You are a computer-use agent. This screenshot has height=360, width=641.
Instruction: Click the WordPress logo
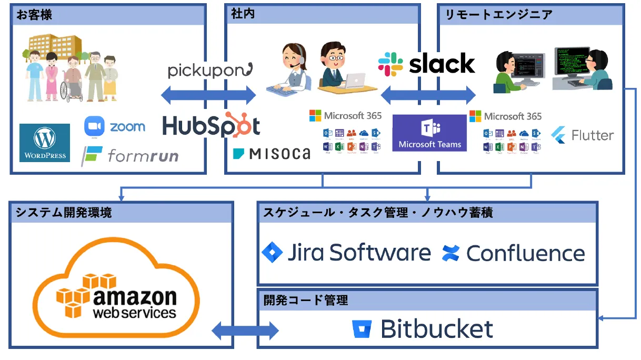point(45,142)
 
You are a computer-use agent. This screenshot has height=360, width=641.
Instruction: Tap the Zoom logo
point(115,127)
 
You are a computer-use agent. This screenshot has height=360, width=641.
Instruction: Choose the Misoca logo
point(272,154)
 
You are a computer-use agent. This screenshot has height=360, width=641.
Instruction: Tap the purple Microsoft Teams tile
point(429,133)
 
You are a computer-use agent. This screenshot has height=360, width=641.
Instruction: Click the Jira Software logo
point(346,253)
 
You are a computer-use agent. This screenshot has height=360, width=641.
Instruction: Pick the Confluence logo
point(514,253)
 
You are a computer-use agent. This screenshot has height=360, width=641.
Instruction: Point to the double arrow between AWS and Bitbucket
point(245,331)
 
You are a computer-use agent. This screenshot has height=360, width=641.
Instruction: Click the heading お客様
point(35,15)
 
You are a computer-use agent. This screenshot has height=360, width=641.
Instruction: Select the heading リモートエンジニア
point(498,15)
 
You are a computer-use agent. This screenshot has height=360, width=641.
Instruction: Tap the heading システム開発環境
point(63,213)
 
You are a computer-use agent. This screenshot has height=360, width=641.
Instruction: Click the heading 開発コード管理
point(306,301)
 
